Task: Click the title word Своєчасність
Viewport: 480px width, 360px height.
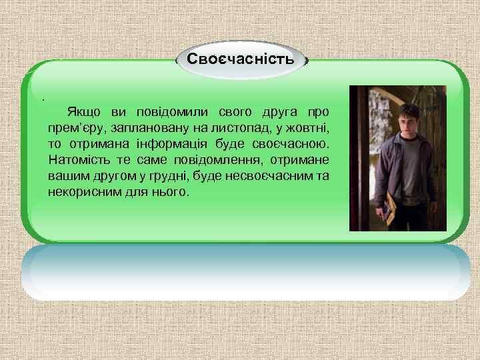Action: click(240, 59)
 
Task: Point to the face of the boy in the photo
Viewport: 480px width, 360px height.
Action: click(408, 123)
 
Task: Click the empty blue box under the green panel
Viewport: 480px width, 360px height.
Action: click(245, 273)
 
